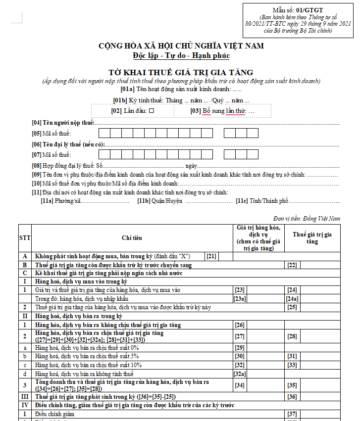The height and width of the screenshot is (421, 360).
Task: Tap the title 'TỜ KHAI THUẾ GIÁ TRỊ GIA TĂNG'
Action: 181,72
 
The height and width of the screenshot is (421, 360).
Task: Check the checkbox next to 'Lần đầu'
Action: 152,111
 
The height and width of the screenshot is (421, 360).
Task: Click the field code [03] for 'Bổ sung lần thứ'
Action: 196,111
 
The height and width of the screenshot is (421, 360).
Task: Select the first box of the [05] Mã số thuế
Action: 104,133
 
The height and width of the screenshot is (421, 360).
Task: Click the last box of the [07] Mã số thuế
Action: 253,155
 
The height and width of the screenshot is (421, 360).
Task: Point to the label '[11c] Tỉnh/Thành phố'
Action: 262,201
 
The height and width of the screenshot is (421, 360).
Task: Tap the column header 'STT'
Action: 25,238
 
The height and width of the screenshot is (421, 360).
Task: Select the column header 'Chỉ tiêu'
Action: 132,238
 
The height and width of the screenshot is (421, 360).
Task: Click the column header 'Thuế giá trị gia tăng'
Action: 312,238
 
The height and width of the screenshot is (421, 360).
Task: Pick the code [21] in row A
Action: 211,256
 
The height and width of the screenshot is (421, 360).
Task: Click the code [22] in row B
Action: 292,266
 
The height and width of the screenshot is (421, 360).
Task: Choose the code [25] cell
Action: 292,307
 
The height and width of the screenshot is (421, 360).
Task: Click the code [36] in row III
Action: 292,397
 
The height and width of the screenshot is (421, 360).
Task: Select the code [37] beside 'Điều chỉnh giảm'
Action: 292,414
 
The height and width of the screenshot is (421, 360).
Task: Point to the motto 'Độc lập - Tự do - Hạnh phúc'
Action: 181,55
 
